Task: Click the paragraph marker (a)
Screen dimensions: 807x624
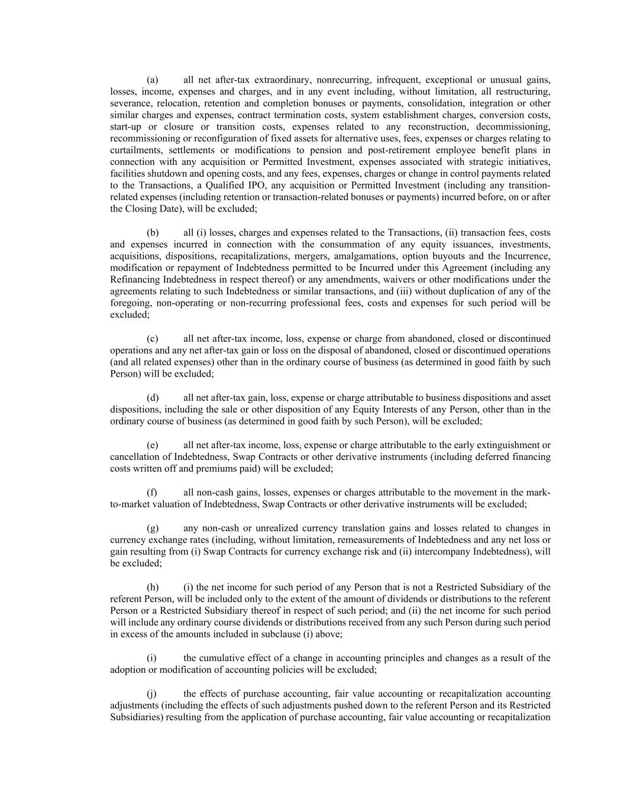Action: (x=152, y=80)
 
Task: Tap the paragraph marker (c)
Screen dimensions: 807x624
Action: (x=152, y=339)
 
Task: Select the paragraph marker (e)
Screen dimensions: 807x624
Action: (x=152, y=445)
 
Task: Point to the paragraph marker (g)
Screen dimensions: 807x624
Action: (x=152, y=528)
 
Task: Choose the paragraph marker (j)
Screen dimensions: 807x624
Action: (x=152, y=693)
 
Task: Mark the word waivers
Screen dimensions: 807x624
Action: (x=424, y=280)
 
